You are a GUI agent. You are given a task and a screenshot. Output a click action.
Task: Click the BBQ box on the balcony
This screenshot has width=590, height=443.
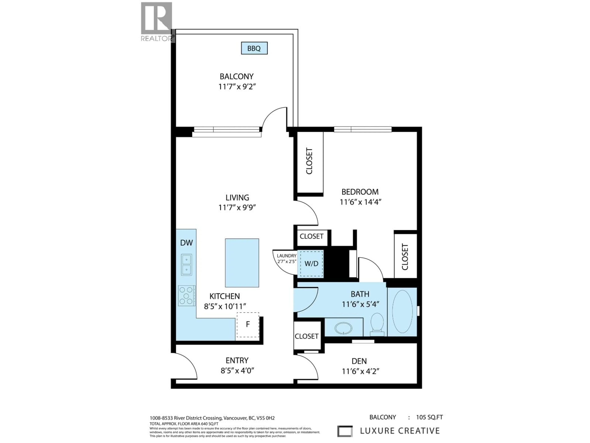click(254, 48)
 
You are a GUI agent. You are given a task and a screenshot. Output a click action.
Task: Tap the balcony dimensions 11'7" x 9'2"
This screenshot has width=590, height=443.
click(237, 87)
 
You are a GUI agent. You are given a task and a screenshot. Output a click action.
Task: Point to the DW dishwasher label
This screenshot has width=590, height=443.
click(186, 243)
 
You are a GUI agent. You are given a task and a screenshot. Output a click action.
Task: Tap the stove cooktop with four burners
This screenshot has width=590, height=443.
click(186, 296)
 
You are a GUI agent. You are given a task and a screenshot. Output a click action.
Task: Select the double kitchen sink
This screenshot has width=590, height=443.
click(186, 265)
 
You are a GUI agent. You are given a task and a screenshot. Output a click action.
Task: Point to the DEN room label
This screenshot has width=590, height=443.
click(359, 361)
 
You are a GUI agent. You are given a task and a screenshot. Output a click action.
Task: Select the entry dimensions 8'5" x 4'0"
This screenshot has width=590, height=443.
click(237, 371)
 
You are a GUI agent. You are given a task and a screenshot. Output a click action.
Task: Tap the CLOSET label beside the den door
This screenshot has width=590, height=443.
click(307, 336)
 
